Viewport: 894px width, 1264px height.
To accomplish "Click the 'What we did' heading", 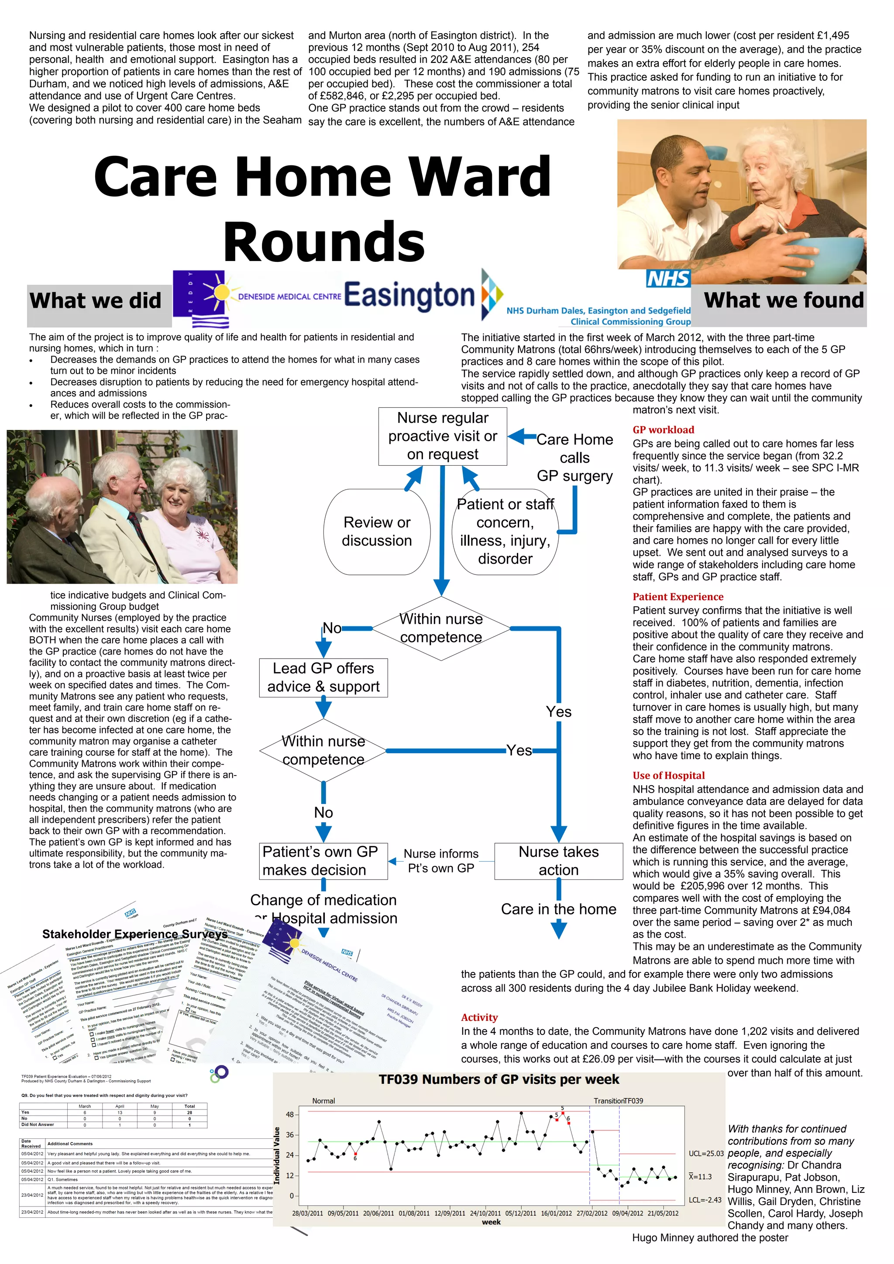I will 95,301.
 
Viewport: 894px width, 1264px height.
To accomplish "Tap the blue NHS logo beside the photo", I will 668,278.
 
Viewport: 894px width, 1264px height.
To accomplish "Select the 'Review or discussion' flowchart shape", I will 377,531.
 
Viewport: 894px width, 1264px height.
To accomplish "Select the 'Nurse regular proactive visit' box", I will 443,436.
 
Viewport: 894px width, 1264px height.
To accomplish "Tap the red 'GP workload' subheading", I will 664,430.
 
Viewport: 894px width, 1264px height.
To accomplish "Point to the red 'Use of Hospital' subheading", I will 668,776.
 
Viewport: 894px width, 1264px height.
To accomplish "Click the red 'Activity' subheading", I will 479,1017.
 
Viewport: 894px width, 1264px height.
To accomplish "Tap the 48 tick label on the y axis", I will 289,1115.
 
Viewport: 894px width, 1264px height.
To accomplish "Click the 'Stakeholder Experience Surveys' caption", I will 135,934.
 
